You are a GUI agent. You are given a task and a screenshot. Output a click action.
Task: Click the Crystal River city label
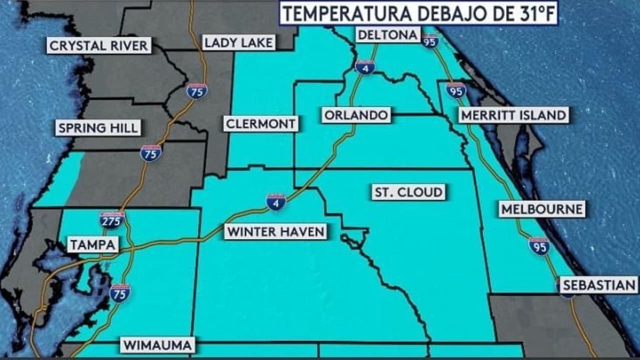pos(99,46)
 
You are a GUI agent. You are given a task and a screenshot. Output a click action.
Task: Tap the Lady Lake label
pos(239,42)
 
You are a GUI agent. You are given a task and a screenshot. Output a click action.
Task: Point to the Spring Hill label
pos(98,128)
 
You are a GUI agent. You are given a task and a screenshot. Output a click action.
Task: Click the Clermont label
pos(260,123)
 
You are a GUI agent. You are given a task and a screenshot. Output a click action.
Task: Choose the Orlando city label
pos(356,115)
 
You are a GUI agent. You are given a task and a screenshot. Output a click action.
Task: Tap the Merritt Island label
pos(513,115)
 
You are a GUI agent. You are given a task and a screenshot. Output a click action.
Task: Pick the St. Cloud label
pos(408,192)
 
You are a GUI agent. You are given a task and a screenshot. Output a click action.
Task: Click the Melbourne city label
pos(542,209)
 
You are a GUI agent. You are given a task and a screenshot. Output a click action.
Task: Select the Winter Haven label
pos(275,231)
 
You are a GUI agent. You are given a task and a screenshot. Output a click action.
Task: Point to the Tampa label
pos(93,245)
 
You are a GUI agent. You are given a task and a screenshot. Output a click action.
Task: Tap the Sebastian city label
pos(598,285)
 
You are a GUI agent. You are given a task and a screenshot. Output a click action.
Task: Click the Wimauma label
pos(157,345)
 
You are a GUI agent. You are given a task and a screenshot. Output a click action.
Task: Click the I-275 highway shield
pos(111,220)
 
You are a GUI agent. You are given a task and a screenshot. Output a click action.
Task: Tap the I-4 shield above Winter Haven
pos(276,202)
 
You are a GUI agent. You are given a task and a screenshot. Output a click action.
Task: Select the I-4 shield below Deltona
pos(365,67)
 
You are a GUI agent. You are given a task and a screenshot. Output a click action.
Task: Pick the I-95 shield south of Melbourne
pos(539,246)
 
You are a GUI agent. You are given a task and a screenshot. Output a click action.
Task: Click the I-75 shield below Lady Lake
pos(197,91)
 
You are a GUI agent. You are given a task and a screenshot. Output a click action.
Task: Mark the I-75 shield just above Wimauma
pos(120,293)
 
